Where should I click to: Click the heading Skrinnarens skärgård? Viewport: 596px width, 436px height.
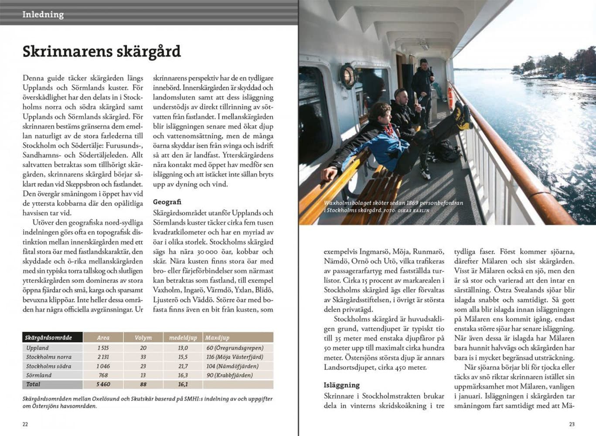(x=102, y=51)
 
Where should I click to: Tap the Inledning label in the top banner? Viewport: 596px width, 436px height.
(x=43, y=14)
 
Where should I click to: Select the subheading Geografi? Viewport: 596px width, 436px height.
(x=167, y=202)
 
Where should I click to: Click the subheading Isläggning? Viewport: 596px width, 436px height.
(x=341, y=385)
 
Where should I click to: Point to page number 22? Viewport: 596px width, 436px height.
(x=25, y=424)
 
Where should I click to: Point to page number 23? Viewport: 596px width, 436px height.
(x=572, y=424)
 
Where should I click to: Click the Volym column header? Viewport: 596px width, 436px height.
(x=143, y=337)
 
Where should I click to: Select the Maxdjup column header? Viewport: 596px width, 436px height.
(x=217, y=337)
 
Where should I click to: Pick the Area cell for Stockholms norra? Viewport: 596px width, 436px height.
(x=103, y=357)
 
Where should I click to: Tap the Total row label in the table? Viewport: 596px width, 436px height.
(x=33, y=384)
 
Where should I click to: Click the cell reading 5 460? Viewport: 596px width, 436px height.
(x=103, y=384)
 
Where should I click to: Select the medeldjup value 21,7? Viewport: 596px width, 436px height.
(x=183, y=366)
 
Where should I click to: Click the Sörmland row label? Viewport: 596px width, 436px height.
(x=39, y=375)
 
